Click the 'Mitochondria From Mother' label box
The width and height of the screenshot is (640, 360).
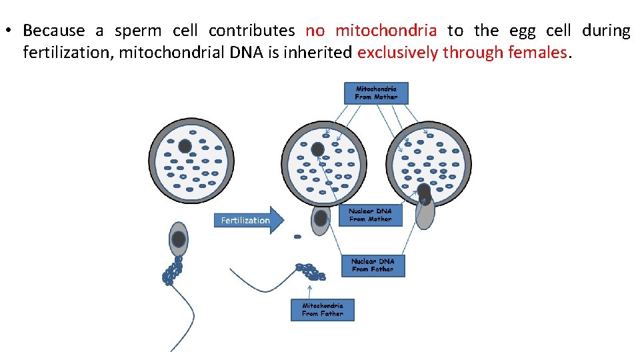(x=376, y=93)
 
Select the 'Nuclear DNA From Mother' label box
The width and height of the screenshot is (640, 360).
(x=371, y=215)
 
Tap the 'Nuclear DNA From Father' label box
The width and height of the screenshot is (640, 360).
(x=373, y=265)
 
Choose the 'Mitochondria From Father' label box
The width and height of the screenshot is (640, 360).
(x=322, y=309)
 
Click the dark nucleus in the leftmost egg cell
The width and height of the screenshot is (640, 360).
(x=185, y=146)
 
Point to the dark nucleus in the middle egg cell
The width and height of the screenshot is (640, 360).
(x=318, y=149)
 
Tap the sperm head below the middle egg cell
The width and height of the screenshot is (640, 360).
(x=321, y=218)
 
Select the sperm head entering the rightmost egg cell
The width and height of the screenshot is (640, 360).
(x=425, y=207)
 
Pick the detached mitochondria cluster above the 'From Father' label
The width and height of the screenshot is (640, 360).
(x=311, y=271)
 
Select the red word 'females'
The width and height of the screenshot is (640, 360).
(x=537, y=53)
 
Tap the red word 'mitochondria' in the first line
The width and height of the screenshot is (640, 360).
(x=386, y=31)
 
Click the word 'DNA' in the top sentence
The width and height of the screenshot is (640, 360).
(x=248, y=53)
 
